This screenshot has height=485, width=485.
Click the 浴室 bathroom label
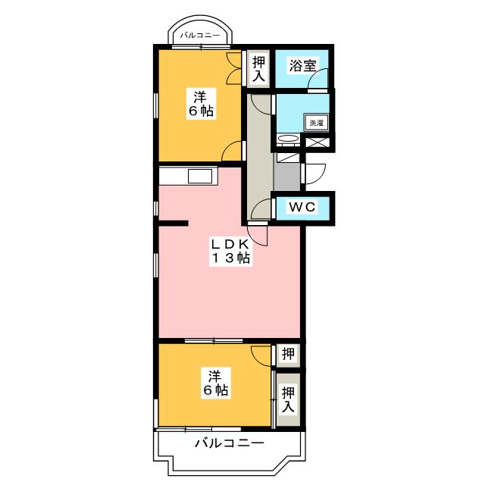coord(302,66)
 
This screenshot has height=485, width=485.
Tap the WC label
coord(302,207)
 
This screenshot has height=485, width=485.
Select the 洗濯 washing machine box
coord(317,123)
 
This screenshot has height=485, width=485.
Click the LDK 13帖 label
coord(230,251)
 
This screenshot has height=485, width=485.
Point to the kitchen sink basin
coord(200,177)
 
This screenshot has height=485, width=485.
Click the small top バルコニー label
coord(200,36)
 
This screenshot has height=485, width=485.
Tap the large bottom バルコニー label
coord(229,443)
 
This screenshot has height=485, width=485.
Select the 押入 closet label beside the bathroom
coord(259,69)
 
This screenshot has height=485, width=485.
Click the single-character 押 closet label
coord(288,354)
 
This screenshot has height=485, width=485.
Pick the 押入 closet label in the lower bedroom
coord(288,399)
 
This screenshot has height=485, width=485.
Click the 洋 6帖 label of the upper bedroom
coord(201,104)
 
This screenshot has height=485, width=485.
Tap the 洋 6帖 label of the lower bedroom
coord(215,383)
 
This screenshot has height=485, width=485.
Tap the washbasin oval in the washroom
coord(288,139)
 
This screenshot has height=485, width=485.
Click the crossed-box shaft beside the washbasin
coord(318,142)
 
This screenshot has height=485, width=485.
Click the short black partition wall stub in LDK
coord(174,223)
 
